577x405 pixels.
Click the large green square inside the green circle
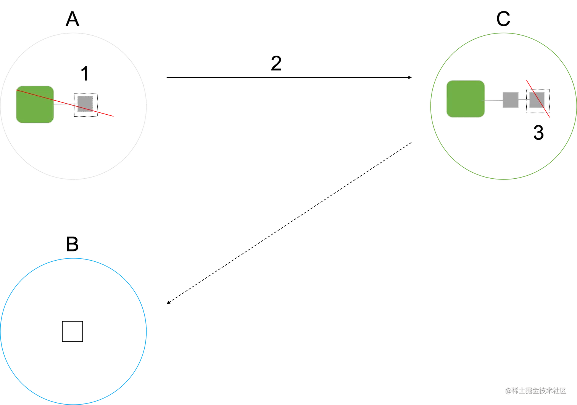[x=465, y=99]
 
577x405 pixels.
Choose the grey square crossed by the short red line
[x=537, y=100]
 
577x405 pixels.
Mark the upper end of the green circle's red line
[x=527, y=80]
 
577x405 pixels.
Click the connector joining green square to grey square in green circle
[x=493, y=100]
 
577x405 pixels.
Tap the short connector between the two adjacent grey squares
[x=524, y=100]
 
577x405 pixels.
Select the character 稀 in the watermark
[x=514, y=390]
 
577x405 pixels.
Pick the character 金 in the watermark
[x=536, y=390]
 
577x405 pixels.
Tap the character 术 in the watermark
[x=550, y=390]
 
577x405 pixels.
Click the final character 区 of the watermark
[x=563, y=390]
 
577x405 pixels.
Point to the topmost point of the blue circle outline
[x=73, y=258]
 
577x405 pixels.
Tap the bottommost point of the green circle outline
[x=503, y=179]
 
